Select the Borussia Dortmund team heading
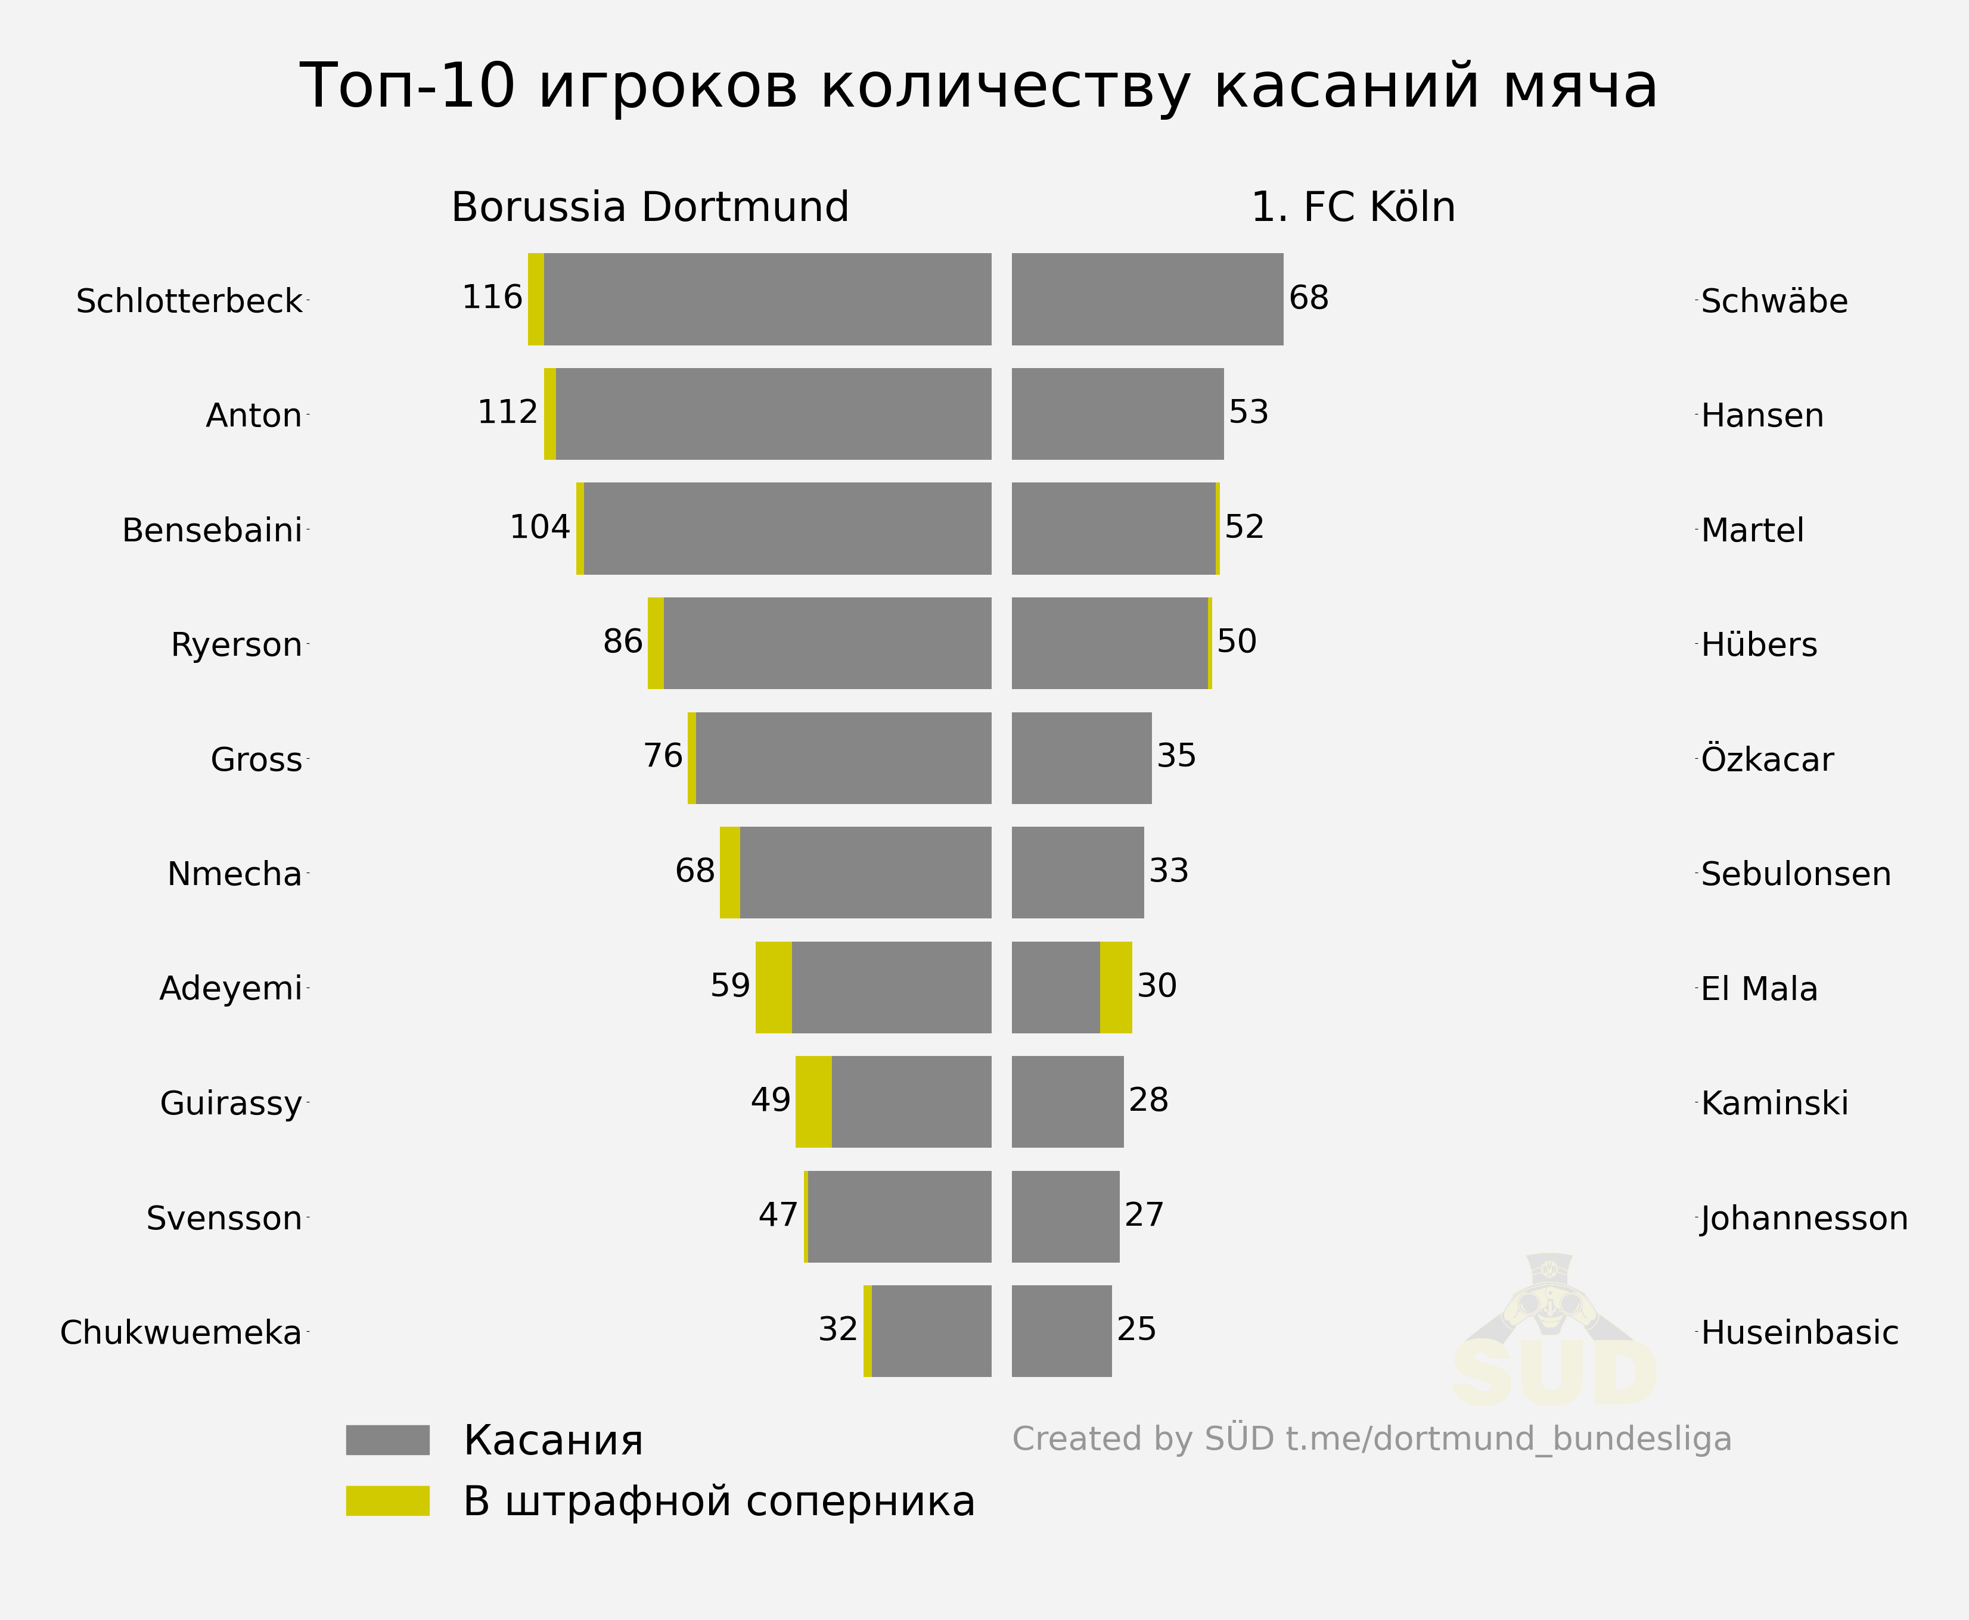[x=650, y=207]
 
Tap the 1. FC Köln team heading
[x=1353, y=207]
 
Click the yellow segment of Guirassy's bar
[x=813, y=1101]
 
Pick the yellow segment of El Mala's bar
[x=1116, y=987]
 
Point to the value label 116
[x=492, y=298]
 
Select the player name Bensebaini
[x=212, y=530]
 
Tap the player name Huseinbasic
[x=1799, y=1332]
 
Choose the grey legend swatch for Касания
[x=387, y=1440]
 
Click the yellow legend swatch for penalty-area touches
[x=387, y=1500]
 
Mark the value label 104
[x=540, y=527]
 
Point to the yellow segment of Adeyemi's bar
[x=773, y=987]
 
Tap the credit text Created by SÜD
[x=1371, y=1439]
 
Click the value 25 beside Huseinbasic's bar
[x=1136, y=1329]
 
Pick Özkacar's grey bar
[x=1081, y=758]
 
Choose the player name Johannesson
[x=1804, y=1219]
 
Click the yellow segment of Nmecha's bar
[x=730, y=873]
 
